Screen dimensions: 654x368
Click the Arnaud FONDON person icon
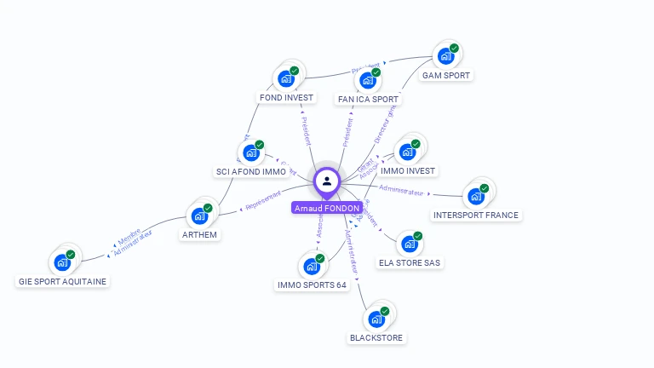(x=327, y=181)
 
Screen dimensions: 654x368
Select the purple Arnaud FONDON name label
(x=327, y=208)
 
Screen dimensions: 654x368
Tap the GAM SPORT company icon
(x=445, y=57)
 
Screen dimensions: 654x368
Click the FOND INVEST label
(x=287, y=97)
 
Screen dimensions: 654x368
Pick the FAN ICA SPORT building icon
(x=367, y=81)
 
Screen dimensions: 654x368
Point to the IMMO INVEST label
(x=408, y=170)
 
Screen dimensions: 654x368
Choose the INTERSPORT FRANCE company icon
(x=475, y=197)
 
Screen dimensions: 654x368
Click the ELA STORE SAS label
(x=410, y=262)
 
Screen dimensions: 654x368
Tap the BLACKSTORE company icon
(x=376, y=320)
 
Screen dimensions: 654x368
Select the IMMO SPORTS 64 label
(x=313, y=285)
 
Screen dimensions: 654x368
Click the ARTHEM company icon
(x=199, y=216)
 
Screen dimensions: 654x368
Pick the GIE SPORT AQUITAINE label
(x=64, y=281)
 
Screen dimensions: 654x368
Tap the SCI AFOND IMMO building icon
(x=250, y=153)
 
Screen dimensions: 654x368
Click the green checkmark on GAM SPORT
(x=454, y=49)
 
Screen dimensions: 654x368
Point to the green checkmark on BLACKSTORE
(x=385, y=312)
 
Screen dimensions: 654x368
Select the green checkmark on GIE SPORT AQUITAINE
(x=71, y=255)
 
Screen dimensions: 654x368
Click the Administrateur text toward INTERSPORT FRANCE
(x=401, y=190)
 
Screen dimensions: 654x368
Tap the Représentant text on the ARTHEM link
(x=262, y=202)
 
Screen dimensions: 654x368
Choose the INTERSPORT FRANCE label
(x=475, y=215)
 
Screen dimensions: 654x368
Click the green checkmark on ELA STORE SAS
(x=418, y=236)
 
